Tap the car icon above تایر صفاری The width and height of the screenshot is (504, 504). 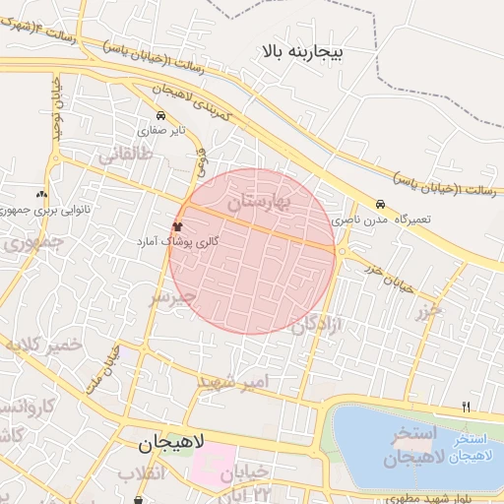160,115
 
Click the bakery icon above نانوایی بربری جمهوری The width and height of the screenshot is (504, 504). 41,195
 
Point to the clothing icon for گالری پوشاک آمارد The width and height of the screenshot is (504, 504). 177,227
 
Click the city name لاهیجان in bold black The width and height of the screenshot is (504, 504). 168,445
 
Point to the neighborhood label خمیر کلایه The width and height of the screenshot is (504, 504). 45,346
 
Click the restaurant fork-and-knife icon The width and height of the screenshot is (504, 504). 466,406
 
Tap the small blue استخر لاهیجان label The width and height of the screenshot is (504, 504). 471,442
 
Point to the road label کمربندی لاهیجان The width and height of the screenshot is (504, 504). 191,103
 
